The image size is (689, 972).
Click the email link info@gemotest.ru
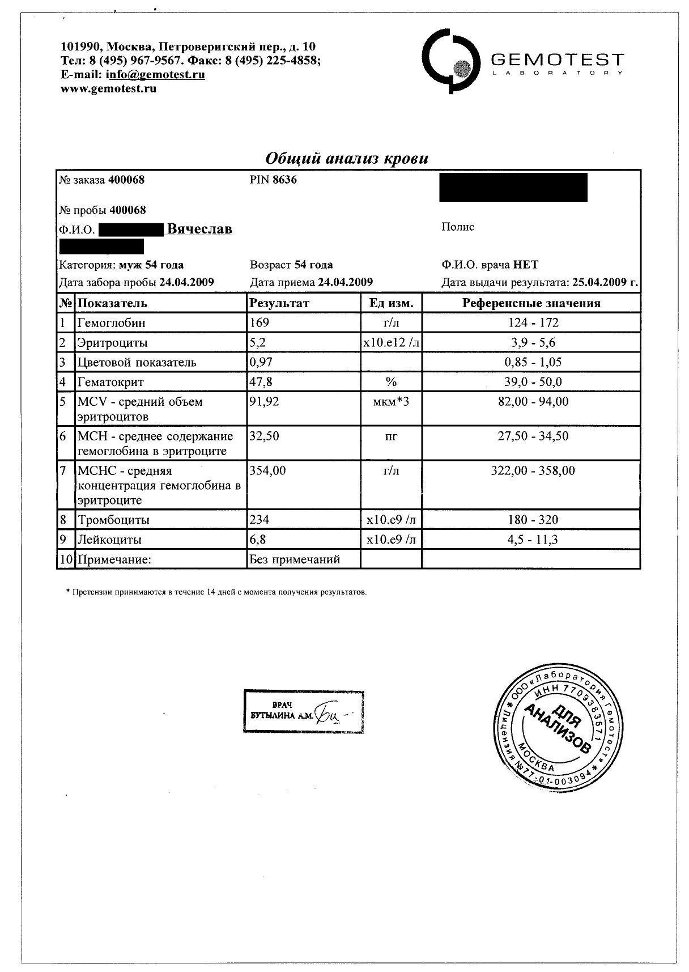pyautogui.click(x=155, y=74)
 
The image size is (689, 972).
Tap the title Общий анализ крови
pyautogui.click(x=347, y=158)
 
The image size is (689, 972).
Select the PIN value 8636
pyautogui.click(x=284, y=180)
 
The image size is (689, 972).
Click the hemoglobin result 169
pyautogui.click(x=260, y=322)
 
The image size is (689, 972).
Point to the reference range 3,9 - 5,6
pyautogui.click(x=532, y=342)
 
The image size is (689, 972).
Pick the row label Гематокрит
pyautogui.click(x=111, y=382)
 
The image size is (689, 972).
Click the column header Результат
pyautogui.click(x=279, y=303)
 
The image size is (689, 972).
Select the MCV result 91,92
pyautogui.click(x=265, y=402)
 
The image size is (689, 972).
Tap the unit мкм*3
pyautogui.click(x=391, y=402)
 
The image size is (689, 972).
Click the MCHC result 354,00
pyautogui.click(x=268, y=470)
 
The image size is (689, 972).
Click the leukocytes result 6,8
pyautogui.click(x=258, y=540)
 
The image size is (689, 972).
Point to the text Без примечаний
pyautogui.click(x=295, y=559)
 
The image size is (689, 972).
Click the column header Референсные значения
pyautogui.click(x=531, y=303)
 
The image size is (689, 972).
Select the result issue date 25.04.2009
pyautogui.click(x=599, y=282)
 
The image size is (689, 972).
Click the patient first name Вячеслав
pyautogui.click(x=199, y=229)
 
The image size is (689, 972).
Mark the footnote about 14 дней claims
pyautogui.click(x=217, y=592)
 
